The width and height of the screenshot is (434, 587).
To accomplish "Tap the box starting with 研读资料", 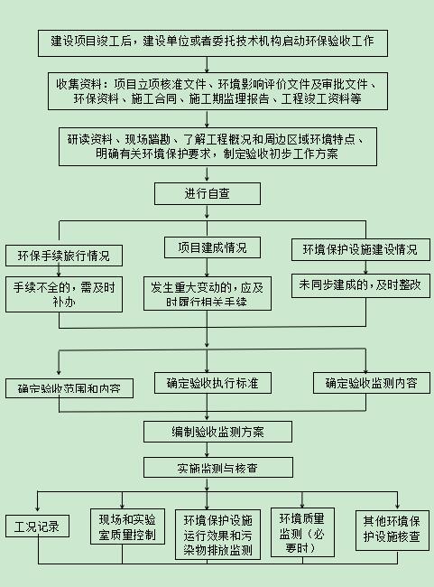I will (216, 147).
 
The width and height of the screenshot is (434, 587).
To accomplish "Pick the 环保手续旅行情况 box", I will (63, 256).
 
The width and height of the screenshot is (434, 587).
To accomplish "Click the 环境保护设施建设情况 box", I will (360, 249).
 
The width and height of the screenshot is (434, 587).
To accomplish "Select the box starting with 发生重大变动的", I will (208, 294).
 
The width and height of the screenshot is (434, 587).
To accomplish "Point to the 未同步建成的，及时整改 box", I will (360, 284).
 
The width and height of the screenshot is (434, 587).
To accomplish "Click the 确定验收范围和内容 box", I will (69, 389).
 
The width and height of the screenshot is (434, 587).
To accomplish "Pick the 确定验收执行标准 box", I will (212, 383).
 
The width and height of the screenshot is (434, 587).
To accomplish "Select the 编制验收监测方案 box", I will (217, 431).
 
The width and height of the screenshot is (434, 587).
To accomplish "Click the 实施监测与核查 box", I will (217, 468).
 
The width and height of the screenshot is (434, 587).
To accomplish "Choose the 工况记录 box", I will (37, 526).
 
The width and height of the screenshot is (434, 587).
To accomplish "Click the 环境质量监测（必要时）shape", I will (308, 533).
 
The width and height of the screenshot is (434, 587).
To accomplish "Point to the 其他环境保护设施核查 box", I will (391, 530).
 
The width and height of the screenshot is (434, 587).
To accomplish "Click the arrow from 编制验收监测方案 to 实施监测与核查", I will (217, 450).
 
